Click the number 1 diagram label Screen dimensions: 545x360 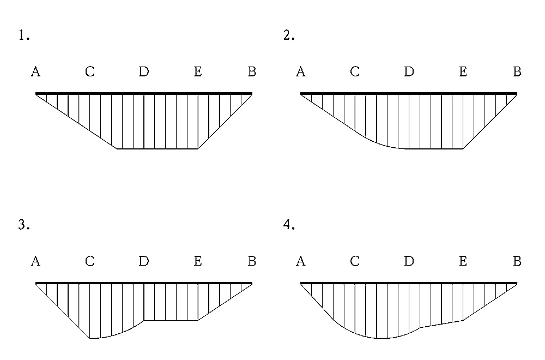coord(23,35)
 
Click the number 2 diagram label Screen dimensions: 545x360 coord(289,35)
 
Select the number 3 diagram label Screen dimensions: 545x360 coord(23,225)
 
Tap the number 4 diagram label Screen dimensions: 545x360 coord(289,225)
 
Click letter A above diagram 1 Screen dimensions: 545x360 coord(36,71)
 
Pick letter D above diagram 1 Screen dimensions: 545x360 coord(144,71)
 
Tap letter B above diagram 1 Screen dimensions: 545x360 coord(252,71)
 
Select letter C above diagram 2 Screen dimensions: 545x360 coord(355,71)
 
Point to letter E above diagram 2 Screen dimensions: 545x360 coord(463,71)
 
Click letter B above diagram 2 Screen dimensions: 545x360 coord(517,71)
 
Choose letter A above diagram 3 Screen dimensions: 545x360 coord(36,261)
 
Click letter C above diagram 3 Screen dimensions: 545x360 coord(90,261)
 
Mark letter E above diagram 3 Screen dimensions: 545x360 coord(198,261)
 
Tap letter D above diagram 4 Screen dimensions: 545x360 coord(409,261)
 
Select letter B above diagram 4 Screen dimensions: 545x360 coord(517,261)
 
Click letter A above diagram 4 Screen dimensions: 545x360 coord(301,261)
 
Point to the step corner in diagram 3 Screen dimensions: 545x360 coord(144,320)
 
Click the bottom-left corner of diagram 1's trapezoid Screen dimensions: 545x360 coord(117,149)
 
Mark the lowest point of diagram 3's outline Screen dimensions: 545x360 coord(90,338)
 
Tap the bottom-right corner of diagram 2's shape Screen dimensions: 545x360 coord(463,149)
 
